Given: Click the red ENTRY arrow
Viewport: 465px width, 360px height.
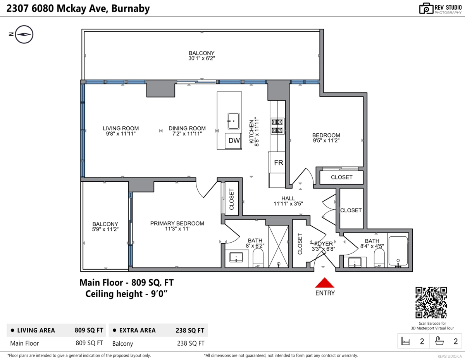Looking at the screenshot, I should coord(325,283).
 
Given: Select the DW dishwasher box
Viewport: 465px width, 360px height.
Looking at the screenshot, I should coord(234,141).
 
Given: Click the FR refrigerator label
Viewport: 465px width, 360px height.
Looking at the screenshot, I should coord(278,163).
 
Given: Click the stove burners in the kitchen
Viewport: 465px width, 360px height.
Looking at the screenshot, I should coord(277,126).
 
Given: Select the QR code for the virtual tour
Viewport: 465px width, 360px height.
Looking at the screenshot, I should coord(431,302).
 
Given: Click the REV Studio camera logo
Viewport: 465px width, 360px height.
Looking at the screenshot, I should coord(426,8).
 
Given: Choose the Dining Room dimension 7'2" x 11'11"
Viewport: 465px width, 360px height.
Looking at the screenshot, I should coord(187,134).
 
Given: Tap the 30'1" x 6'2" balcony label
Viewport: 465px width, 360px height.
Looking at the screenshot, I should coord(201,56).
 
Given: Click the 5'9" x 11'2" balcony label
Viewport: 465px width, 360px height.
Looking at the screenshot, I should coord(105,227).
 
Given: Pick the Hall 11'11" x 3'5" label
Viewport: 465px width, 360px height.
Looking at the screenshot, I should coord(288,201).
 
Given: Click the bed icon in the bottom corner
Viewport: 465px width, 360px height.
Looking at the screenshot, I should coord(406,341).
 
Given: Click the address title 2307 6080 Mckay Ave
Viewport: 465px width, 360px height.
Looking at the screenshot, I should coord(78,8).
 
